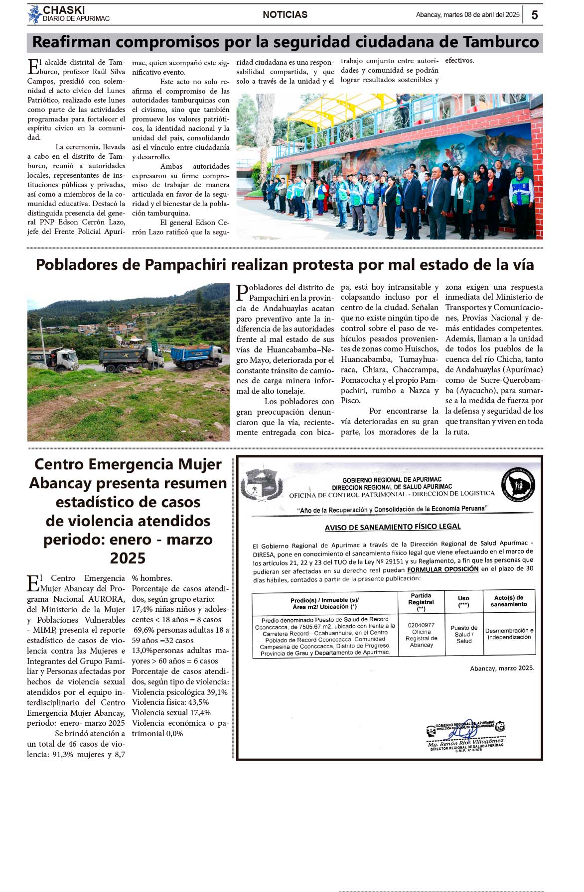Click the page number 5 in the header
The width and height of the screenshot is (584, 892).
coord(535,15)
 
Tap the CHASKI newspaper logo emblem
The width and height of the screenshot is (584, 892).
coord(34,14)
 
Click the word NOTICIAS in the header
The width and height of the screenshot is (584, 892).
coord(285,15)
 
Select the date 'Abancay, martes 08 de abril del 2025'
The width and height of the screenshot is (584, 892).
coord(467,15)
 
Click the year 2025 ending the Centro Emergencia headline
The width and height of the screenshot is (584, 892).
coord(128,558)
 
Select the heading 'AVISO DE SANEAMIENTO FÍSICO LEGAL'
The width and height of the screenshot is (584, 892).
coord(393,527)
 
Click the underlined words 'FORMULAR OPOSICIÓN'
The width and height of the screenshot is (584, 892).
coord(442,569)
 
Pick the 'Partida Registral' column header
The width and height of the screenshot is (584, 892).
coord(421,602)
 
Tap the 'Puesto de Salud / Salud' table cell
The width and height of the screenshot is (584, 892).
coord(464,634)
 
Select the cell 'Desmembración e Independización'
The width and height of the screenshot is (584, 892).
coord(509,634)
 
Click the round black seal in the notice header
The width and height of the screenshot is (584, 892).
coord(518,484)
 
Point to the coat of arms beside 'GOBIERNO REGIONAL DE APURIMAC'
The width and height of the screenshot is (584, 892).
coord(262,483)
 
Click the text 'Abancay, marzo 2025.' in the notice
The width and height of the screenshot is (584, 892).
coord(502,668)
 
